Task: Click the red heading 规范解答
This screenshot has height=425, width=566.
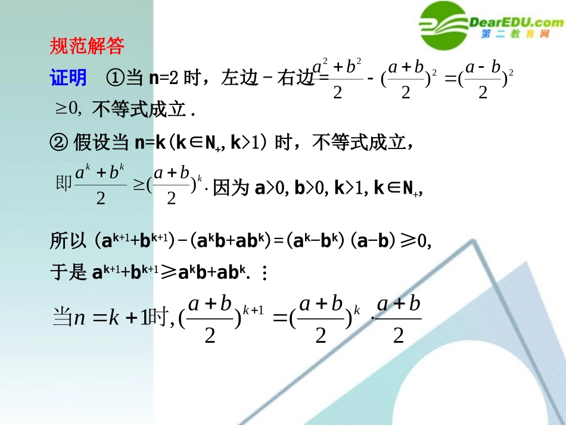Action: tap(86, 46)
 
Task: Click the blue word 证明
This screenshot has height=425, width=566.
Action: tap(68, 78)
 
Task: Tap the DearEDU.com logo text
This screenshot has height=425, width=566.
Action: tap(516, 23)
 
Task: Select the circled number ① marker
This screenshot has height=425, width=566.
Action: tap(114, 78)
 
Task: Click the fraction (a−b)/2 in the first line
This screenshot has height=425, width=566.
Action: tap(483, 80)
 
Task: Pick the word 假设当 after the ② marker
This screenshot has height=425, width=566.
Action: tap(100, 142)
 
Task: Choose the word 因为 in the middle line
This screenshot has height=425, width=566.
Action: tap(230, 188)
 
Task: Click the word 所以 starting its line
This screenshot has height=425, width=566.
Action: tap(69, 242)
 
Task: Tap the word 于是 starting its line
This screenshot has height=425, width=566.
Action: tap(69, 273)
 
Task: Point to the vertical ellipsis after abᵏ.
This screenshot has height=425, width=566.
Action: tap(265, 274)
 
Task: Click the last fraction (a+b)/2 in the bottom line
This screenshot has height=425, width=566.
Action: tap(399, 319)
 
